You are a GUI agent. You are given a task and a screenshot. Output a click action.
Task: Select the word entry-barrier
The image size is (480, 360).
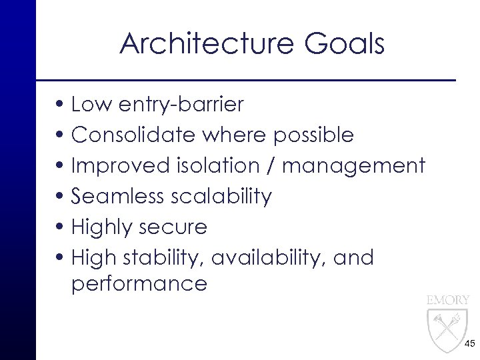click(x=177, y=105)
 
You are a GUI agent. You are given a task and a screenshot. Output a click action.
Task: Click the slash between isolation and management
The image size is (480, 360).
click(x=272, y=166)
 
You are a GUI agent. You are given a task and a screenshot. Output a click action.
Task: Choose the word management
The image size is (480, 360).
click(x=353, y=166)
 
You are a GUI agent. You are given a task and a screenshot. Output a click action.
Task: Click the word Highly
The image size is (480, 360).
click(x=105, y=227)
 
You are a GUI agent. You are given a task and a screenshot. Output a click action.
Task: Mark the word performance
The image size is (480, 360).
click(x=139, y=285)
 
